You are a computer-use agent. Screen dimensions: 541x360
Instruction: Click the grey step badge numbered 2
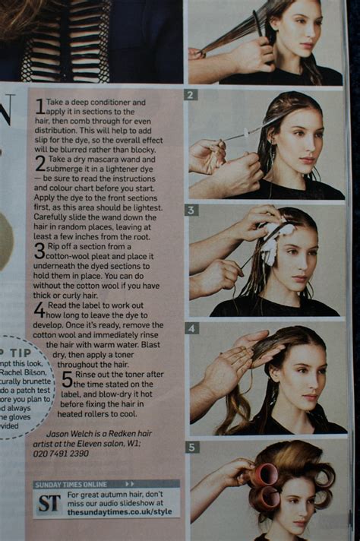click(x=191, y=95)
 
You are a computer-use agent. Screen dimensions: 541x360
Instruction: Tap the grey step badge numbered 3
click(x=191, y=210)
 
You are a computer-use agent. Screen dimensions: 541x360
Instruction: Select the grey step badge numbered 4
click(x=192, y=328)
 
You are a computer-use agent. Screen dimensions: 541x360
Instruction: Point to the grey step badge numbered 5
click(x=192, y=448)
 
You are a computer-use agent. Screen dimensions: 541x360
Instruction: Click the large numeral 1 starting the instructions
click(x=39, y=107)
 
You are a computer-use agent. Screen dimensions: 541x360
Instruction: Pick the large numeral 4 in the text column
click(x=39, y=310)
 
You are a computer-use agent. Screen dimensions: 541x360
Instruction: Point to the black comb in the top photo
click(x=258, y=23)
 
